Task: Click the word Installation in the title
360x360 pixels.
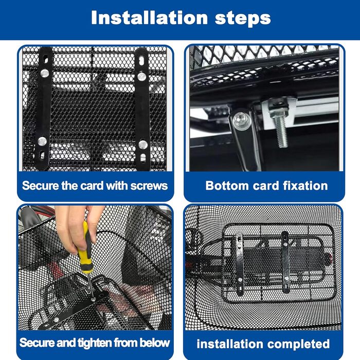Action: [149, 17]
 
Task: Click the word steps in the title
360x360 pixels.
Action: [243, 19]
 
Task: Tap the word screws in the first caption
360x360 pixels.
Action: [149, 186]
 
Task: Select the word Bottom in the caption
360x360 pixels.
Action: [227, 186]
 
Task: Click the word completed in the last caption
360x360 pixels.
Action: [298, 344]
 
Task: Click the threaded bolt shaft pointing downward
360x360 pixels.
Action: [281, 132]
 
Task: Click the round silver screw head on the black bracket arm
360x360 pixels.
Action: [242, 120]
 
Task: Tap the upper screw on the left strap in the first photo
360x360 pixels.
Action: [45, 73]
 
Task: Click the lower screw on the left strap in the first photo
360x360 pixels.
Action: [42, 141]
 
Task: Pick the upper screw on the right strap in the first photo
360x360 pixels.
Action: [141, 76]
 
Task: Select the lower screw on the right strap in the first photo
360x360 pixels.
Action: [143, 145]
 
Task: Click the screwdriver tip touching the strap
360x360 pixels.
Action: [93, 299]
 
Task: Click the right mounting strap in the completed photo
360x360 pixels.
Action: [285, 262]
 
